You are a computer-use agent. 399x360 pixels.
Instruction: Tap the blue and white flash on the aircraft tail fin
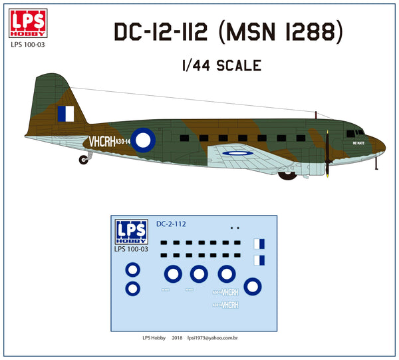click(x=66, y=114)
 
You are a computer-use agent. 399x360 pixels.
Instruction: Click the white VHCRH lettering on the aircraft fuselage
click(x=101, y=142)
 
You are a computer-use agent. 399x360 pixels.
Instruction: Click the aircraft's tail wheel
click(x=83, y=160)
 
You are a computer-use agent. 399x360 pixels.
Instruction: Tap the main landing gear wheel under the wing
click(x=287, y=175)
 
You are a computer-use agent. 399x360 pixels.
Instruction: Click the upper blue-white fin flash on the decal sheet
click(x=261, y=245)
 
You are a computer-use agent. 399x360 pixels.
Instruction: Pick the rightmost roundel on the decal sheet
click(x=253, y=287)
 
